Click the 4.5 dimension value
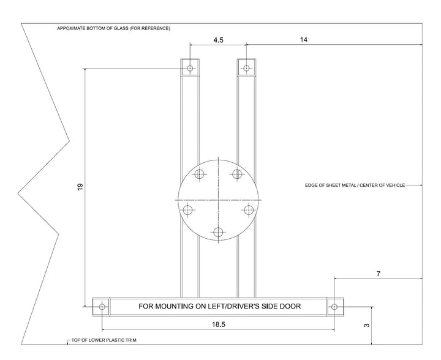pos(218,40)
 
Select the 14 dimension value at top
pos(304,40)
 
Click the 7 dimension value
pos(378,274)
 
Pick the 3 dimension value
pos(366,325)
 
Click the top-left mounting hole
pos(190,68)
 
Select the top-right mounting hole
pos(246,68)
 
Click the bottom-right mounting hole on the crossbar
pos(334,306)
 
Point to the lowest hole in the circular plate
pos(218,232)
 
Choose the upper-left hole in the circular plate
pos(199,174)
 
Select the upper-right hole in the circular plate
pos(236,174)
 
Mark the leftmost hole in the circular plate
pos(187,210)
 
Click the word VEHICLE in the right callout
pos(392,185)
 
